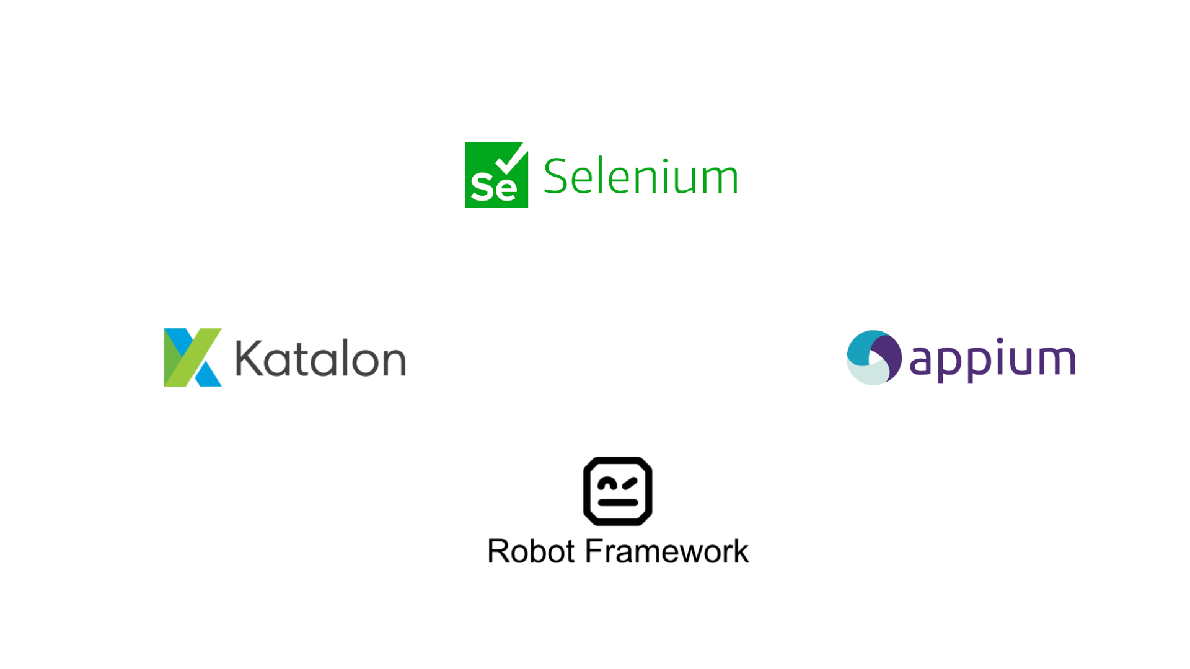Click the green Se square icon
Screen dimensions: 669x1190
coord(496,175)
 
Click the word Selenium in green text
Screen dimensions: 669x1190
coord(640,177)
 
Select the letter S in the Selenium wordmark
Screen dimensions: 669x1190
coord(556,177)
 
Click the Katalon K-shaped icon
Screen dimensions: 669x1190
coord(193,357)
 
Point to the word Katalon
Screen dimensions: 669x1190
coord(320,359)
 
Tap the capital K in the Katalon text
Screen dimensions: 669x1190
coord(249,358)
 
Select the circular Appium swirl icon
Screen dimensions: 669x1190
coord(874,357)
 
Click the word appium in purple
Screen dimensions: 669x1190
coord(992,360)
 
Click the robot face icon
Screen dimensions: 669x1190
coord(617,491)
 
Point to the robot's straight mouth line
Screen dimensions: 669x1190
coord(617,502)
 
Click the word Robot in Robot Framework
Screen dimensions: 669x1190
coord(531,551)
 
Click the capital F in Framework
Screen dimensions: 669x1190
coord(594,551)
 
